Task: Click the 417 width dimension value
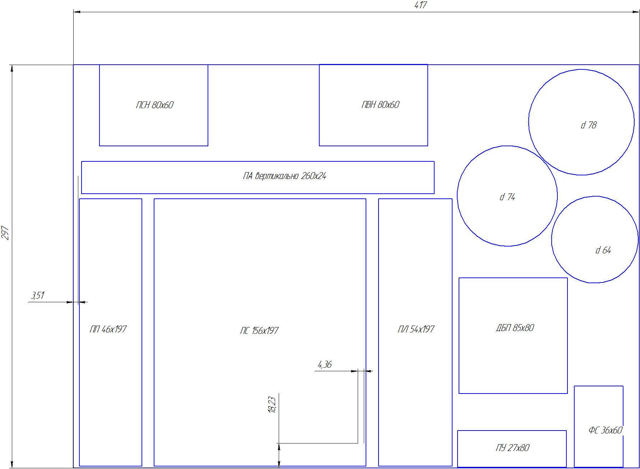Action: click(421, 5)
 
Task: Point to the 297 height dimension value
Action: click(6, 233)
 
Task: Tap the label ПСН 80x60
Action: click(155, 105)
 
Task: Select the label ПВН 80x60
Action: click(380, 105)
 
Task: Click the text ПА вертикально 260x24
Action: click(284, 176)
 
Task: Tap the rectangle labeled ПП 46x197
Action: click(79, 332)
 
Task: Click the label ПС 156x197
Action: click(259, 331)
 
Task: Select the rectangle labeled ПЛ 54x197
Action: click(379, 332)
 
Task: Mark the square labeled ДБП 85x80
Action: click(459, 336)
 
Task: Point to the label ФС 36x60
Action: click(605, 430)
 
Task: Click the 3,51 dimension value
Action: click(38, 295)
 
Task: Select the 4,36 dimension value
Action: click(325, 365)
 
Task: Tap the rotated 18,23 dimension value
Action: click(272, 405)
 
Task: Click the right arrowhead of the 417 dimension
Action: click(636, 12)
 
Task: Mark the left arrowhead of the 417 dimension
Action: click(77, 12)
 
